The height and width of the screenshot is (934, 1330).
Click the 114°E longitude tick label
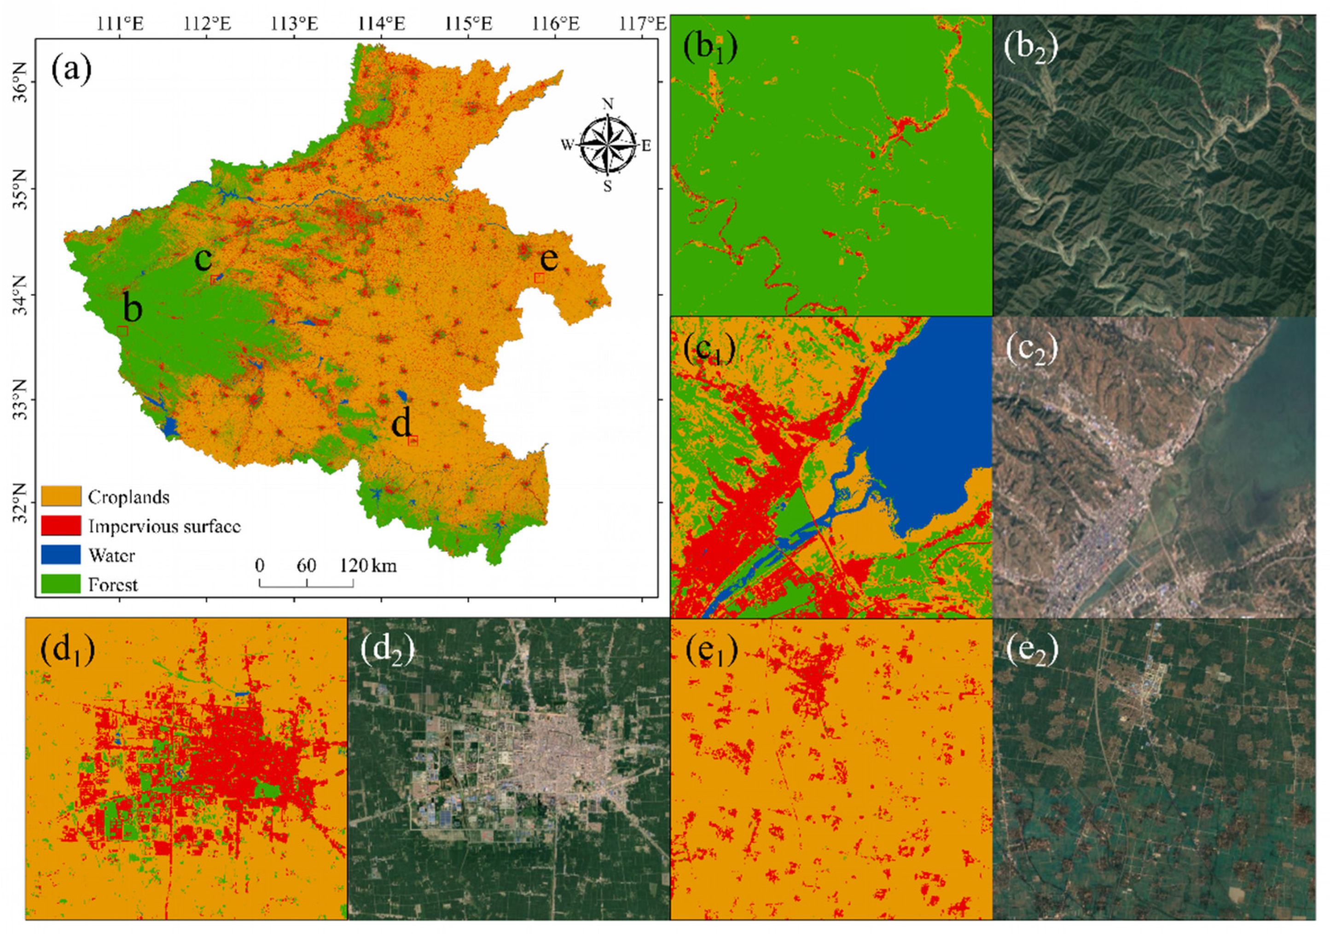click(381, 24)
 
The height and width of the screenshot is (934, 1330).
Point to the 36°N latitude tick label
click(20, 82)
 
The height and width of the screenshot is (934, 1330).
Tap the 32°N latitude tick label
click(20, 503)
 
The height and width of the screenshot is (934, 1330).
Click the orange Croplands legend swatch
click(61, 496)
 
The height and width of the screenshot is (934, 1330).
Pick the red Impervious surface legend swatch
click(61, 525)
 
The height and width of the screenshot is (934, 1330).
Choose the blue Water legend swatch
click(61, 555)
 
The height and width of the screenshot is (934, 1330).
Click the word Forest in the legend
click(113, 584)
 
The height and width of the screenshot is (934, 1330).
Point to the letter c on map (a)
click(203, 258)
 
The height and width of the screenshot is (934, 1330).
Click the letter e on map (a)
click(549, 258)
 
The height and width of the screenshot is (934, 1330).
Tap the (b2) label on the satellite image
click(1030, 49)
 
